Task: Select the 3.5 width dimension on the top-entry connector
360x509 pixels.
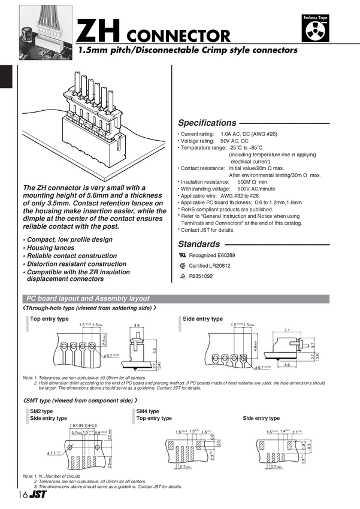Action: pyautogui.click(x=136, y=325)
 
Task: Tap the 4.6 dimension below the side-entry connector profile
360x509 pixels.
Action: pyautogui.click(x=287, y=364)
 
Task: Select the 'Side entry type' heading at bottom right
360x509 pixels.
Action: pyautogui.click(x=261, y=418)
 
